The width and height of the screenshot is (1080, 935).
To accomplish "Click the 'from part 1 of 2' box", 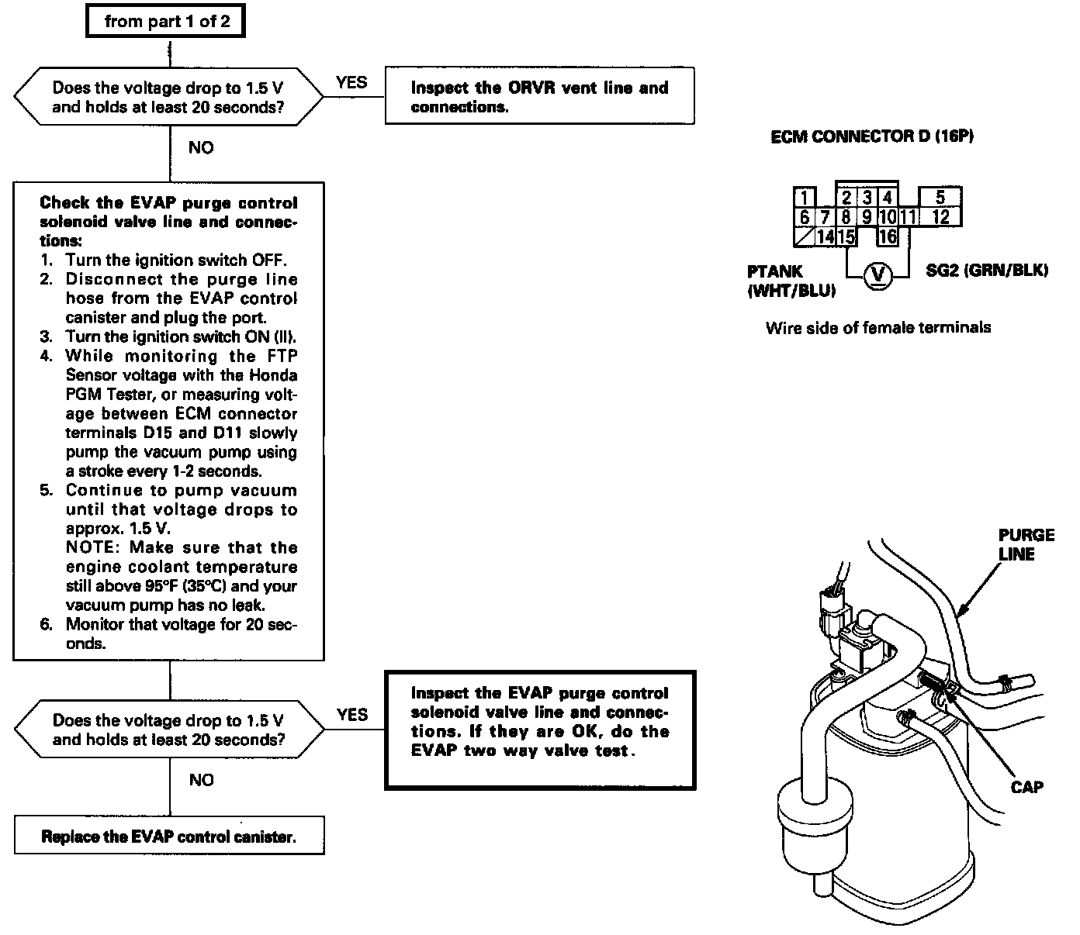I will (165, 22).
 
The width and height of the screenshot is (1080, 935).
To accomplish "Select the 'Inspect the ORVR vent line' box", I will (539, 97).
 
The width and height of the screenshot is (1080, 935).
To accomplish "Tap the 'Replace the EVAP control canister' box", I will (169, 837).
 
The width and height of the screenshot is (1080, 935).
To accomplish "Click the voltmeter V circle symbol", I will (877, 274).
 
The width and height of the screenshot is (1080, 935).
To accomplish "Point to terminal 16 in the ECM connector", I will (888, 236).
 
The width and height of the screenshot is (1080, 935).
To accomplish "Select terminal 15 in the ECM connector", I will (846, 236).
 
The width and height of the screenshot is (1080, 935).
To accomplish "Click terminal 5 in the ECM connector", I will (940, 197).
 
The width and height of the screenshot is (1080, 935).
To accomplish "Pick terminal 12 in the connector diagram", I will (940, 217).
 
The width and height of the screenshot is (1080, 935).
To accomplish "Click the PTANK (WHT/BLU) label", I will (791, 281).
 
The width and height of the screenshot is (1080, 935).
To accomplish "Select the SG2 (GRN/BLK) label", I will (987, 271).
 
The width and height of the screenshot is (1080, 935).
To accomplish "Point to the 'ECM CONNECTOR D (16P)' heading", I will (872, 136).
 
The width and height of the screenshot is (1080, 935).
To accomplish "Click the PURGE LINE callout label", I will (1026, 544).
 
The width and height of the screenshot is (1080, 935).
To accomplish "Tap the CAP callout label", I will (1026, 787).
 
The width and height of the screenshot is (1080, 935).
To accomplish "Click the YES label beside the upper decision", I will (352, 82).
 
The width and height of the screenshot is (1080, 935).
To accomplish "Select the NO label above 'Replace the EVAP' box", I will (201, 780).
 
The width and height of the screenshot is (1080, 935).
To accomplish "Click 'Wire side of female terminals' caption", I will (877, 328).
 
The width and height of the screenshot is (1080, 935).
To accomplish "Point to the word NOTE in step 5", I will (92, 548).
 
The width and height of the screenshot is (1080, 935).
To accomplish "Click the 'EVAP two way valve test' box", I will (540, 730).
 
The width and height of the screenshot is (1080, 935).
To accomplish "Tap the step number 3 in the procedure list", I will (47, 336).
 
